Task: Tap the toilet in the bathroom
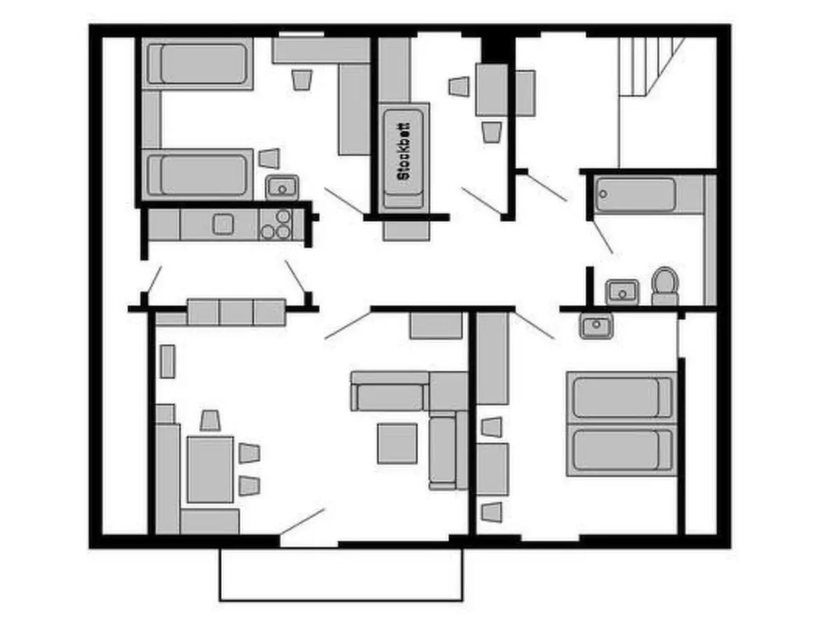pos(665,286)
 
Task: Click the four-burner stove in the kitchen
pos(276,224)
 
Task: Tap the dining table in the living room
pos(210,468)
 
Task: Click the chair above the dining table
pos(210,420)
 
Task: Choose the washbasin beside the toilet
pos(622,292)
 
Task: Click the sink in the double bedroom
pos(596,325)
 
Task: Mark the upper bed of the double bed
pos(620,397)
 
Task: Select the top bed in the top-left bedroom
pos(198,64)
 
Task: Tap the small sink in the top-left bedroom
pos(282,187)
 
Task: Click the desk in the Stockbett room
pos(491,90)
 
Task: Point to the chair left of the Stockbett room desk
pos(459,86)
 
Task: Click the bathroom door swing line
pos(602,237)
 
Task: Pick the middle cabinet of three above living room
pos(236,312)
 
